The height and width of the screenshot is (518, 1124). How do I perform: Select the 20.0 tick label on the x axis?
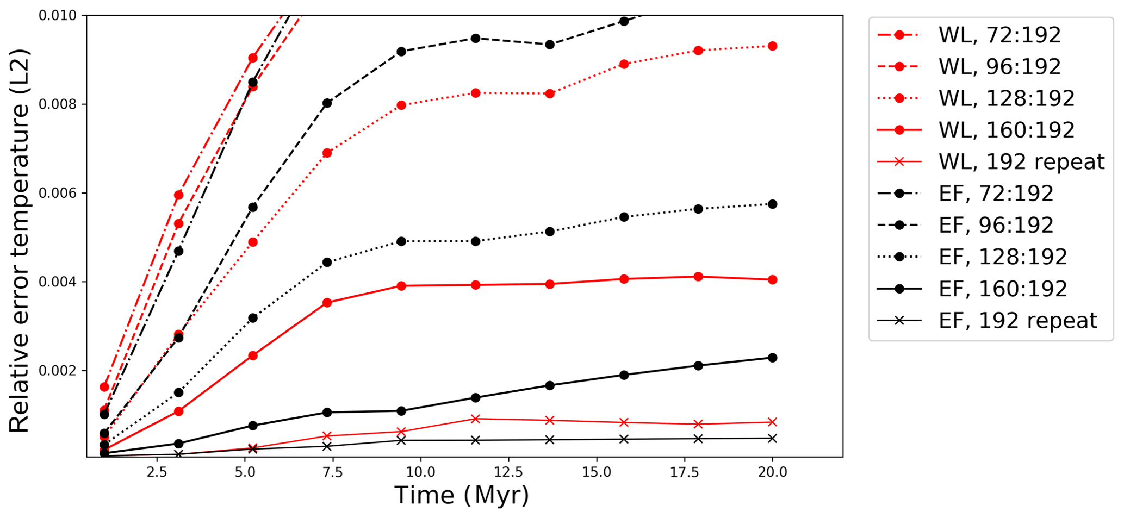click(x=772, y=472)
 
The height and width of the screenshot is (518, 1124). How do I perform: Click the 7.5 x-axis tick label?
click(x=332, y=472)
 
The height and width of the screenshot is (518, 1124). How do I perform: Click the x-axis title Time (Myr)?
click(x=461, y=496)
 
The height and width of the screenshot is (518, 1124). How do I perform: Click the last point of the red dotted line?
click(x=772, y=46)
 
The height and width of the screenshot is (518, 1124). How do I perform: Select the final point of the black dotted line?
click(x=772, y=204)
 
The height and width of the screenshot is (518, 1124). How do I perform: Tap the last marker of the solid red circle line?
click(x=772, y=280)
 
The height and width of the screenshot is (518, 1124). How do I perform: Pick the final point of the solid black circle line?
click(x=772, y=358)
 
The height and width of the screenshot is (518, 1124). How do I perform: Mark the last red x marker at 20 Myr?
click(x=772, y=422)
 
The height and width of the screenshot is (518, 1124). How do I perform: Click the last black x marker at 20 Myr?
click(x=772, y=438)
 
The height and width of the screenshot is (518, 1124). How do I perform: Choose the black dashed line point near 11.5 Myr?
click(x=475, y=38)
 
